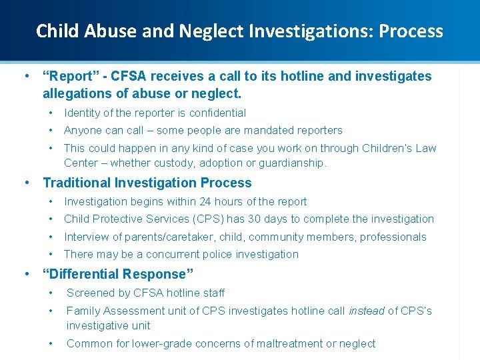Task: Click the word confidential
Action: pos(213,113)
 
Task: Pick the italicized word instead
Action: pos(366,311)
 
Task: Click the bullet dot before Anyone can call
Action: pos(51,131)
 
